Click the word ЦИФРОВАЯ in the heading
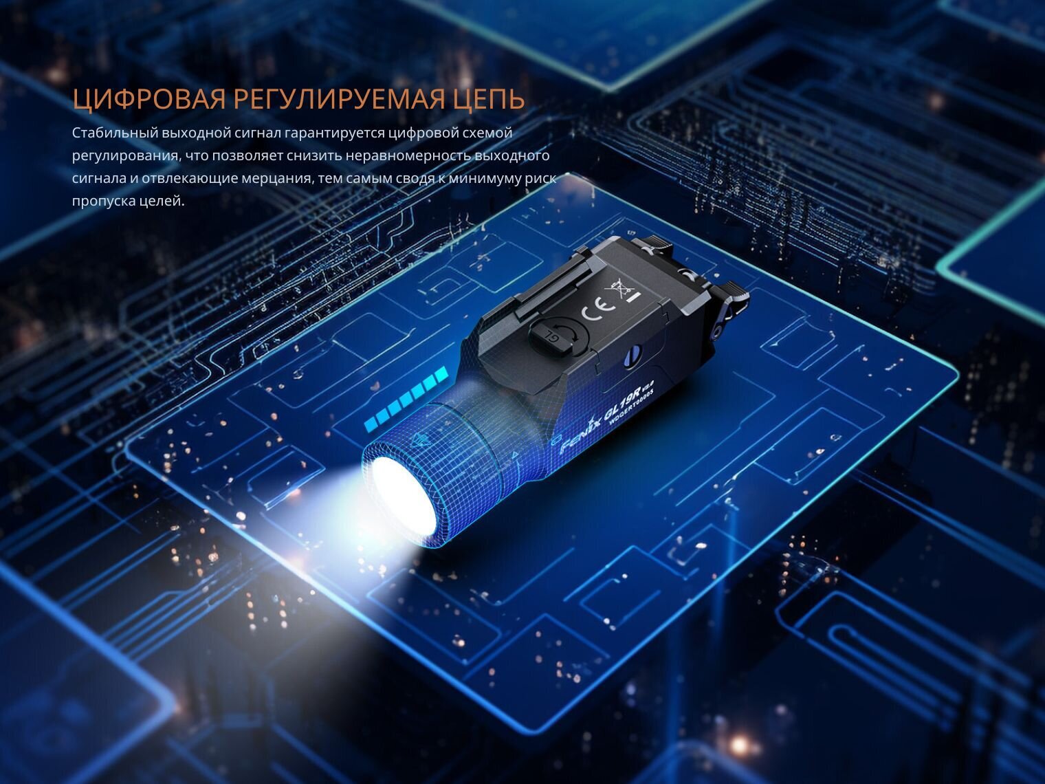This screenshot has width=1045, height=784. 149,100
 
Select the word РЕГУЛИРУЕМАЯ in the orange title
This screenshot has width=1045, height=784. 338,100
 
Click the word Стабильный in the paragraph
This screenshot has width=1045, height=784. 115,133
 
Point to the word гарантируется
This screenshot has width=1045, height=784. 334,133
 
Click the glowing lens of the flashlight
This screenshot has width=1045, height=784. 404,495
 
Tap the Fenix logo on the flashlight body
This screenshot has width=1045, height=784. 577,435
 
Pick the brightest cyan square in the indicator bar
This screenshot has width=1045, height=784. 442,373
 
